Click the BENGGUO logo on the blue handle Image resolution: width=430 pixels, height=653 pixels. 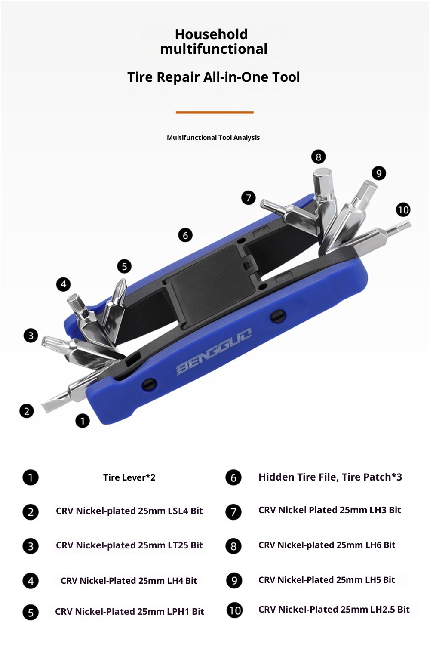coord(215,351)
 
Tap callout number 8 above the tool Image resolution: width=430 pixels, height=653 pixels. coord(319,157)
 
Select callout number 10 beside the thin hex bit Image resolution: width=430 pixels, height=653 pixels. coord(403,210)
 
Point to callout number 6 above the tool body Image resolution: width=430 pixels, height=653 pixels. coord(185,235)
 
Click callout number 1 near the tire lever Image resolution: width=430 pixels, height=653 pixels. coord(83,421)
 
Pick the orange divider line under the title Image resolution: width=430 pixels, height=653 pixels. coord(215,112)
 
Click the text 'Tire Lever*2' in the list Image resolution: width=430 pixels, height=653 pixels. coord(129,477)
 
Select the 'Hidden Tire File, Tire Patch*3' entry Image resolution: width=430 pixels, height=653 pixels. coord(330,477)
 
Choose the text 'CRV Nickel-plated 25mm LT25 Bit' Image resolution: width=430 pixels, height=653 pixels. coord(129,545)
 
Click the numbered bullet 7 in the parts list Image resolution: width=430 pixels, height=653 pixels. coord(233,511)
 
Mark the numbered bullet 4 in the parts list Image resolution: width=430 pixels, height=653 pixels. coord(31,581)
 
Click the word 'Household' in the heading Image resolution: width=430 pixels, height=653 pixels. coord(211,34)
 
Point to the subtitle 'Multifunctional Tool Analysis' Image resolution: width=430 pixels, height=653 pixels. coord(213,138)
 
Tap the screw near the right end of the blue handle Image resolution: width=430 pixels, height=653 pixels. coord(278,317)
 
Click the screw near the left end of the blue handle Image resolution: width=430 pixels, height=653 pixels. coord(149,385)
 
